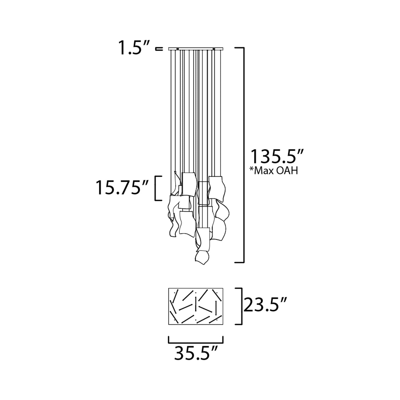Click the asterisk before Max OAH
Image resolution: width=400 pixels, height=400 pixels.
pyautogui.click(x=252, y=169)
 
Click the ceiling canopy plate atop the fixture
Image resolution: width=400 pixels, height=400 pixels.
pyautogui.click(x=196, y=49)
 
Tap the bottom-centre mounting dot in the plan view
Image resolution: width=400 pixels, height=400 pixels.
pyautogui.click(x=196, y=320)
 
